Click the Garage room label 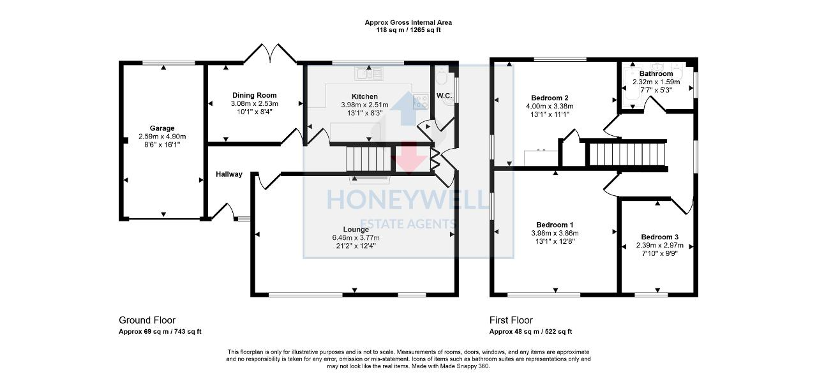point(162,128)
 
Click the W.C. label point(444,96)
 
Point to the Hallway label point(229,174)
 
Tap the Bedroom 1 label point(554,225)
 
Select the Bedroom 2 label point(550,98)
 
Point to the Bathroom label point(656,74)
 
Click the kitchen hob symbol point(421,100)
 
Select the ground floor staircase point(368,159)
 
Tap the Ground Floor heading point(147,320)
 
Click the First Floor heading point(511,320)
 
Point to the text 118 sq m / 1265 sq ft point(408,30)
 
